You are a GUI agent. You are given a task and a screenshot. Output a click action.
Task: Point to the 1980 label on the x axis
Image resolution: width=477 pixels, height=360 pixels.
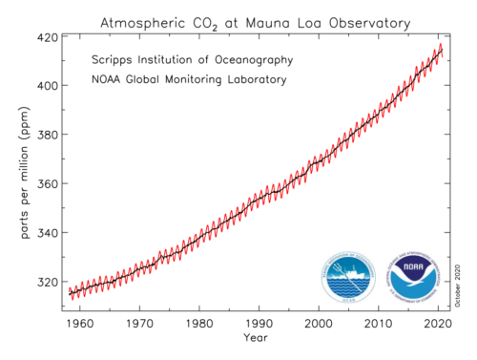click(198, 323)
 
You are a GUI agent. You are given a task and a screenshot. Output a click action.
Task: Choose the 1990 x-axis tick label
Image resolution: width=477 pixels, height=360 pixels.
click(259, 323)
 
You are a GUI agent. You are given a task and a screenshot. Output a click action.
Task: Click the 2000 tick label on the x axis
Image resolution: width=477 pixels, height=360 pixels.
click(319, 323)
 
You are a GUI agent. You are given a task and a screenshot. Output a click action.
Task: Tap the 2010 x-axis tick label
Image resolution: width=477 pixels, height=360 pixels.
click(379, 323)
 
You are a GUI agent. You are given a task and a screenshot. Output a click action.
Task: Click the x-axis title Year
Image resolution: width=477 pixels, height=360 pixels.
click(255, 338)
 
